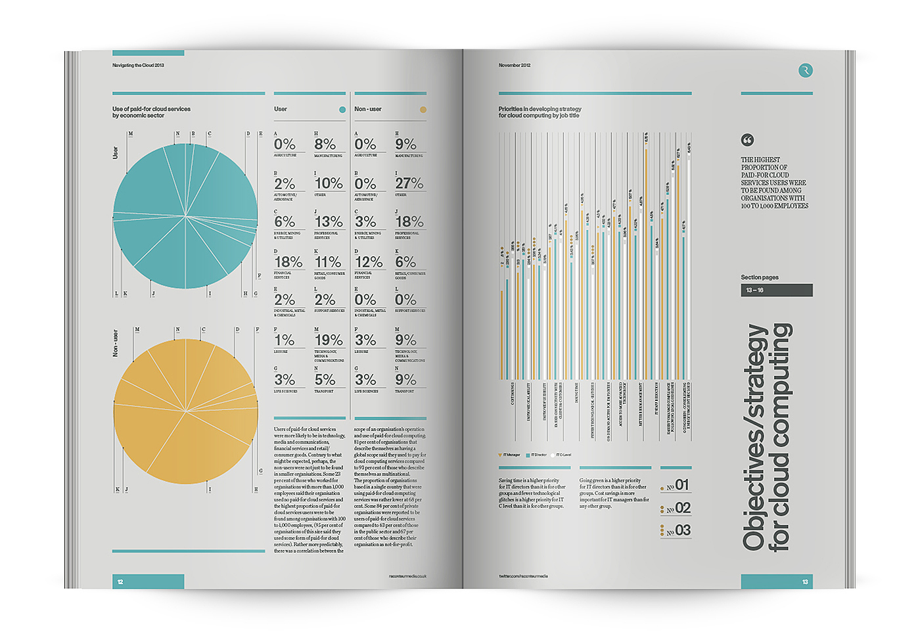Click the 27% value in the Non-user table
click(409, 183)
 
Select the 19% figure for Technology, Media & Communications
click(329, 340)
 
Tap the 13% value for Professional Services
click(329, 222)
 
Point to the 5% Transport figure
click(325, 380)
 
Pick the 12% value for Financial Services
click(369, 262)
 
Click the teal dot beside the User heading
click(342, 110)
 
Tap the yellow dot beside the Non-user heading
click(423, 110)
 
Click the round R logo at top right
click(805, 70)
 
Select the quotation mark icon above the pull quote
click(747, 140)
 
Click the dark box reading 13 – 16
click(777, 290)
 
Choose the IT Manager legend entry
click(509, 455)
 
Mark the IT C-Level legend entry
click(562, 455)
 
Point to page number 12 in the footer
click(120, 581)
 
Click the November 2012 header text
click(515, 66)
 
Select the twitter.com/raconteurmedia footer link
click(523, 576)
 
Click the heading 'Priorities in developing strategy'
click(540, 109)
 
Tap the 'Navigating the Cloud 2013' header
click(138, 66)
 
